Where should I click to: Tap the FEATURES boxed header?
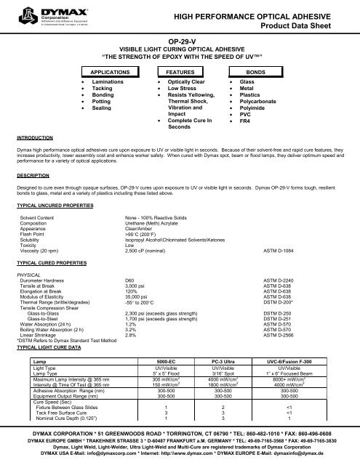pyautogui.click(x=179, y=73)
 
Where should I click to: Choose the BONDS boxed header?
pyautogui.click(x=255, y=73)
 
